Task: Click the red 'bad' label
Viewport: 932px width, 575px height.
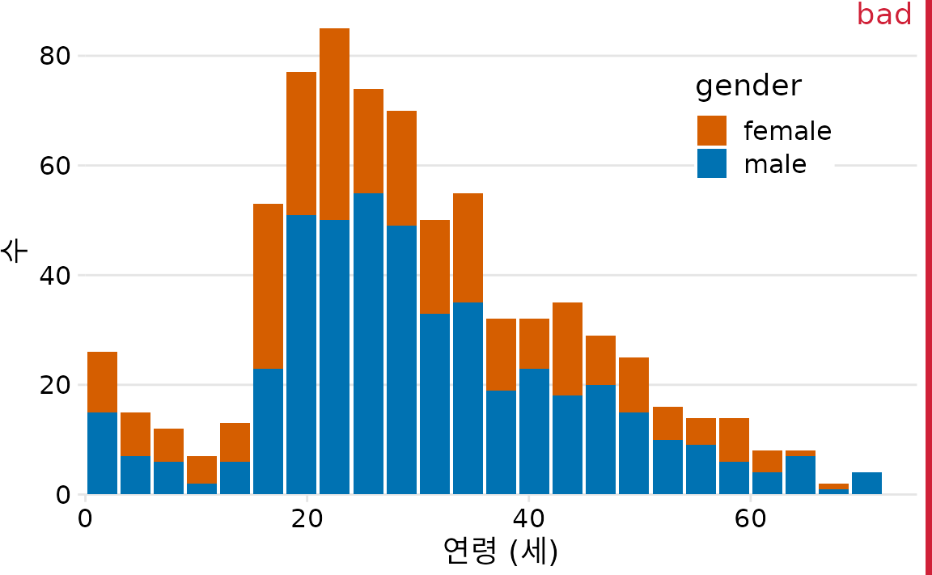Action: pyautogui.click(x=884, y=14)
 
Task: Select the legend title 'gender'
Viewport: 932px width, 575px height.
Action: pyautogui.click(x=748, y=85)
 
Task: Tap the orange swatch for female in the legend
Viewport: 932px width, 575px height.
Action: pyautogui.click(x=712, y=130)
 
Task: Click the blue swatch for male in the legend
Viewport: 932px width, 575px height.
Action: pyautogui.click(x=712, y=163)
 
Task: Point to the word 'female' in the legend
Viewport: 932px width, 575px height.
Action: pyautogui.click(x=787, y=130)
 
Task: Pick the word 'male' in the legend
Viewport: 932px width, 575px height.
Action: pyautogui.click(x=775, y=164)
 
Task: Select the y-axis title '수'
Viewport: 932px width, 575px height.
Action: pyautogui.click(x=15, y=250)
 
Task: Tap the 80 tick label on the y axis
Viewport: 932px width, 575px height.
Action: pyautogui.click(x=55, y=57)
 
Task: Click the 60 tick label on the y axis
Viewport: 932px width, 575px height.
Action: pyautogui.click(x=55, y=166)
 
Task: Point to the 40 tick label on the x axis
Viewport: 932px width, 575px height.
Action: pyautogui.click(x=528, y=518)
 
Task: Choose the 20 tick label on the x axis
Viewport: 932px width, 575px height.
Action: pyautogui.click(x=307, y=518)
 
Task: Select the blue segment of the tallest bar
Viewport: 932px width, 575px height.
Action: pyautogui.click(x=334, y=356)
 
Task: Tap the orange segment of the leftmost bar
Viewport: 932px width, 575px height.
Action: pyautogui.click(x=102, y=382)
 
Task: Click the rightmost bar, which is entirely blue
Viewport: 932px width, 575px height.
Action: pyautogui.click(x=866, y=483)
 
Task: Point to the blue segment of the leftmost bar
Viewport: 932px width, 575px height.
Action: pyautogui.click(x=102, y=453)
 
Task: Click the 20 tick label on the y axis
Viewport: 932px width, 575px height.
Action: pyautogui.click(x=55, y=385)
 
